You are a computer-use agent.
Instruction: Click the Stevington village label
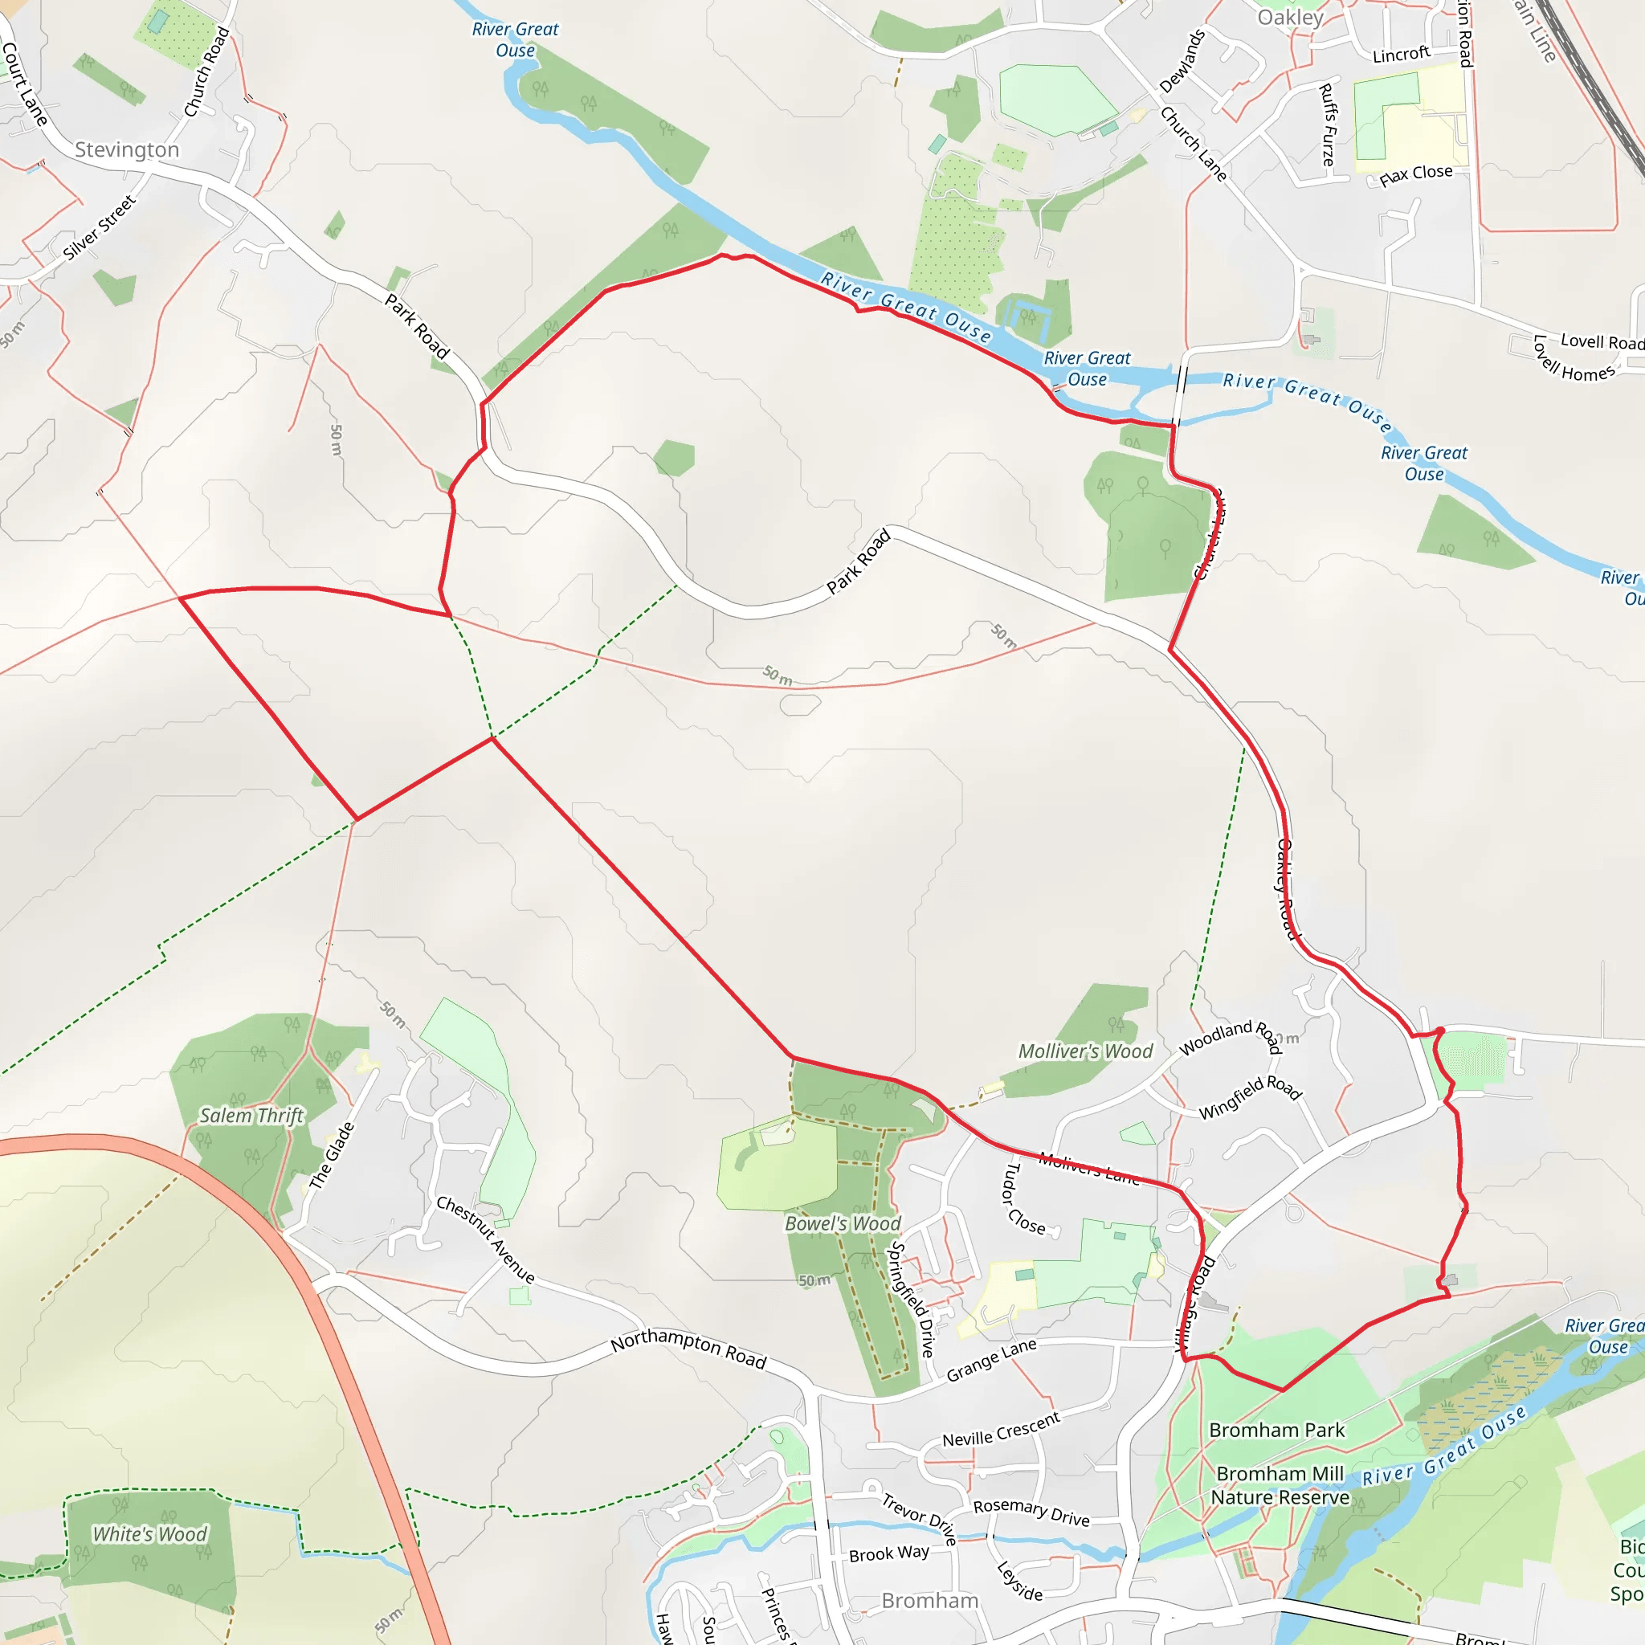127,151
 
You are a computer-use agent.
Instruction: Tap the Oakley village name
1290,18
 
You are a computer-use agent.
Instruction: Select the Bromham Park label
1276,1431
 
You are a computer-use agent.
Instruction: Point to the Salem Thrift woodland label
251,1116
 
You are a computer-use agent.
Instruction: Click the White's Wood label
150,1533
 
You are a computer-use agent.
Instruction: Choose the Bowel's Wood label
842,1223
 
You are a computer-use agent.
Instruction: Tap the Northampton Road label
689,1349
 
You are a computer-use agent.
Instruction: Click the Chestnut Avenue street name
485,1239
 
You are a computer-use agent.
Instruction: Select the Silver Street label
100,227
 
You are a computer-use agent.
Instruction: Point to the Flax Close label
1416,174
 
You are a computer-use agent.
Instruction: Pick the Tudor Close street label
1023,1199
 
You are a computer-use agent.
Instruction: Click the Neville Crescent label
1002,1430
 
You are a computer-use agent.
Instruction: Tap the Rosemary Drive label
1031,1512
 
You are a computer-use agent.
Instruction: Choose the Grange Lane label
991,1360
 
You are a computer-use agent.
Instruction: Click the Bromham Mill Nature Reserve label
1280,1486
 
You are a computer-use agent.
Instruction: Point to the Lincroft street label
1401,55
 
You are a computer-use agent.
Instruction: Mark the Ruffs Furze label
1327,124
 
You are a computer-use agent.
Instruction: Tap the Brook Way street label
889,1554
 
